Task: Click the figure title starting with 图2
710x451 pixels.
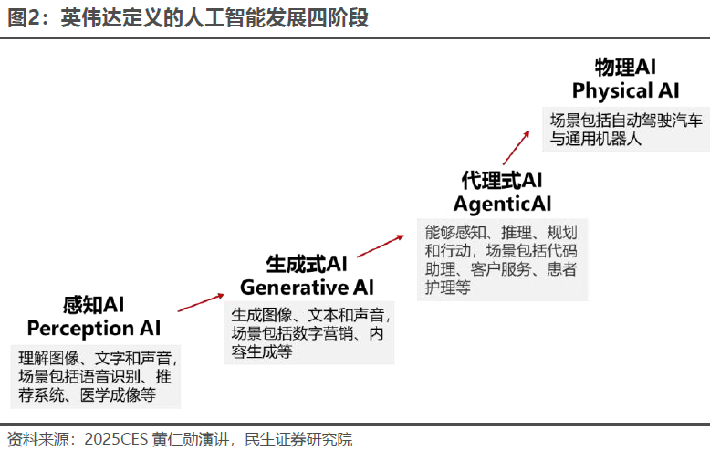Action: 188,18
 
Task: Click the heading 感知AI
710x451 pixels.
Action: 93,304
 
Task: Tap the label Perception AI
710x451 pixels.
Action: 93,328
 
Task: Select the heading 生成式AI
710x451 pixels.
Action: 307,265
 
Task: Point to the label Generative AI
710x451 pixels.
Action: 307,288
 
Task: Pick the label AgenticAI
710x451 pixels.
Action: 502,204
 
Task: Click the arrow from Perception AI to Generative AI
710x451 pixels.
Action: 201,303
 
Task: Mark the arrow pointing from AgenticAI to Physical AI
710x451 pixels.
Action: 517,146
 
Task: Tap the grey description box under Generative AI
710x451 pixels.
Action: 309,333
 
